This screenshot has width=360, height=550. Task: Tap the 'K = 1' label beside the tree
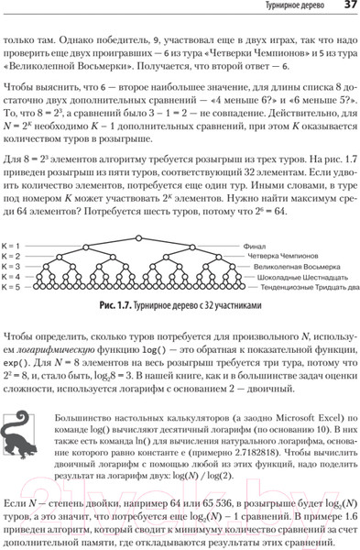(12, 247)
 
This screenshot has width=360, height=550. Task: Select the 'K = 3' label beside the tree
(12, 267)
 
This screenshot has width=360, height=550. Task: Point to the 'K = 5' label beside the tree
(12, 287)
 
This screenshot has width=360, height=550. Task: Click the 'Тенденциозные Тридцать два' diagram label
(307, 287)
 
